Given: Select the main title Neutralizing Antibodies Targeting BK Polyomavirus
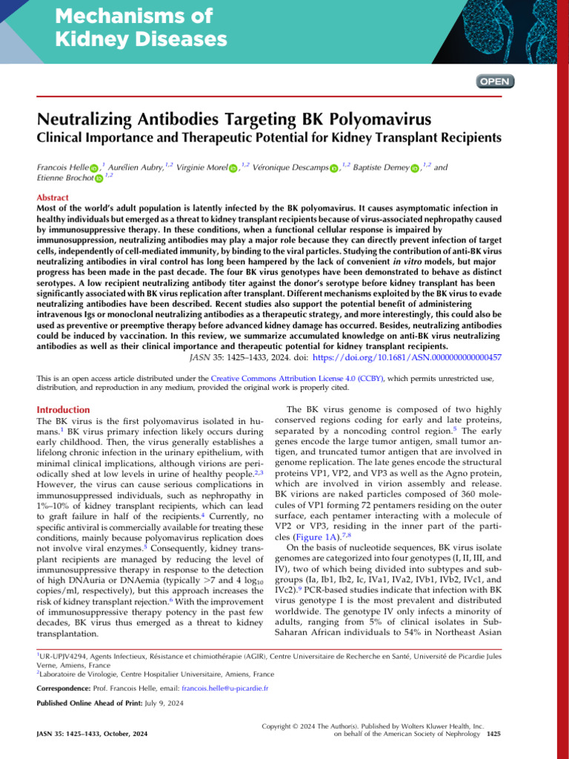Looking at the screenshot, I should tap(235, 119).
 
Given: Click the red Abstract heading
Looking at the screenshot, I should tap(53, 199).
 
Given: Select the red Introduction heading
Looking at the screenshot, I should tap(64, 409).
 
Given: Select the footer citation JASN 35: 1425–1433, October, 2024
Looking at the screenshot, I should tap(92, 734).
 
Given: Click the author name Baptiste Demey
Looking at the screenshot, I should tap(382, 168).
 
